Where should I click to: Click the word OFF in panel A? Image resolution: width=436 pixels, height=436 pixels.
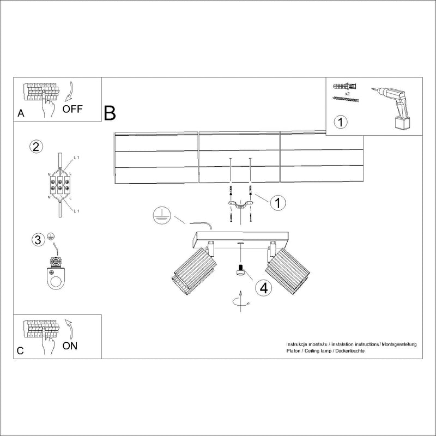click(x=72, y=108)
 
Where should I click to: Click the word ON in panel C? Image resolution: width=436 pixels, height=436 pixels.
click(x=71, y=346)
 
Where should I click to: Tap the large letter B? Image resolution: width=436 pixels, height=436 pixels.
click(x=110, y=113)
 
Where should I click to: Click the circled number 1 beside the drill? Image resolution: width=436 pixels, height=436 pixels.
click(x=340, y=121)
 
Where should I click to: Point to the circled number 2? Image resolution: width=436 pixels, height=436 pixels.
click(x=35, y=147)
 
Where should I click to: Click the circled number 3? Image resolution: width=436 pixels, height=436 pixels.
click(x=37, y=239)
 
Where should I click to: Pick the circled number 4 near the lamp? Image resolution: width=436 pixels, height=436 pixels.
click(x=263, y=288)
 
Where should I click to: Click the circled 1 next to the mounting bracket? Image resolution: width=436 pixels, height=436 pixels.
click(x=277, y=203)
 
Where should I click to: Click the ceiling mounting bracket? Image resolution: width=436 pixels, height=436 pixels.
click(x=240, y=205)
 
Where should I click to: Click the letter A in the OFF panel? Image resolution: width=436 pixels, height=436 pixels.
click(x=21, y=114)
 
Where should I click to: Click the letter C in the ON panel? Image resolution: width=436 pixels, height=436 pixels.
click(x=20, y=351)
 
